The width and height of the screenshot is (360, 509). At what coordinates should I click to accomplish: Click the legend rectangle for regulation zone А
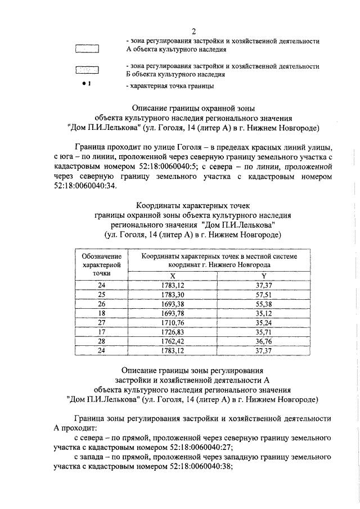pos(87,48)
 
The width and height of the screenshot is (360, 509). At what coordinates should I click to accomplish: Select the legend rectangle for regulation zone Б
pos(87,70)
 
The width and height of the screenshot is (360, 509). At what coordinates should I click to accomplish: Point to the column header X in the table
pos(173,275)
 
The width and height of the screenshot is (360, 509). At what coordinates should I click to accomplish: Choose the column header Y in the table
pos(263,275)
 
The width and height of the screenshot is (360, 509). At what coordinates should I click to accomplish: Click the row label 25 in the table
pos(101,294)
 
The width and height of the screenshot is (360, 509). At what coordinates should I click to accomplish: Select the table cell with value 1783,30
pos(172,294)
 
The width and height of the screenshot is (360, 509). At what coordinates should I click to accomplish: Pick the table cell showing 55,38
pos(263,303)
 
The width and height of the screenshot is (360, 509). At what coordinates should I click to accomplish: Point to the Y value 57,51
pos(263,294)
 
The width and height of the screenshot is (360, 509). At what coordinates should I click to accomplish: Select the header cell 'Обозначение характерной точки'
pos(101,264)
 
